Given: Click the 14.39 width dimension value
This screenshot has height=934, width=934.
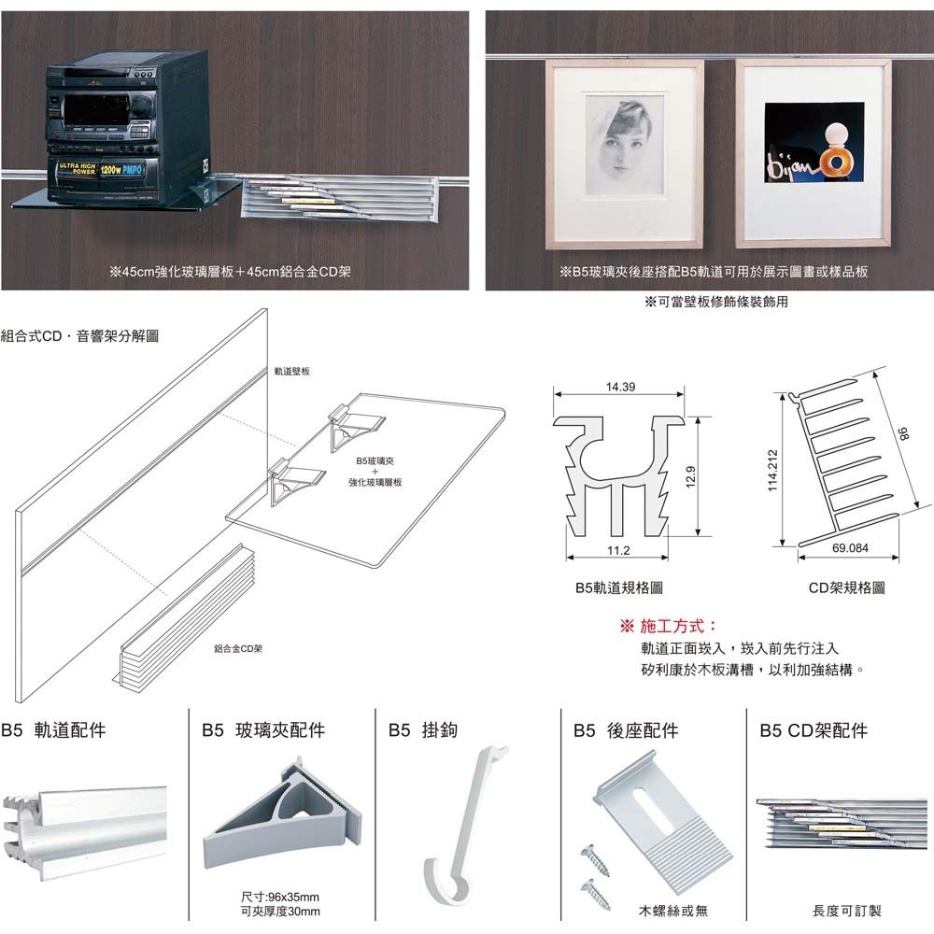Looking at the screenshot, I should tap(620, 387).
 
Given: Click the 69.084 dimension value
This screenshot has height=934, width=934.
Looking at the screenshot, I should tap(849, 547).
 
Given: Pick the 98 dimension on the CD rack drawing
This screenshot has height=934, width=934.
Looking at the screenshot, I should tap(902, 435).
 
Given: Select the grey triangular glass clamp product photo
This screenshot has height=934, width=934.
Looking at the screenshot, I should tap(282, 816).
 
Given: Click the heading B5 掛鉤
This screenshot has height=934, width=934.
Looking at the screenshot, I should tap(423, 730).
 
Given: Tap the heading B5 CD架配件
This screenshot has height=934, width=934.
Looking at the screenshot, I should tap(814, 730).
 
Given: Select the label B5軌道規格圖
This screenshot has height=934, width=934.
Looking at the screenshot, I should tap(619, 587).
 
